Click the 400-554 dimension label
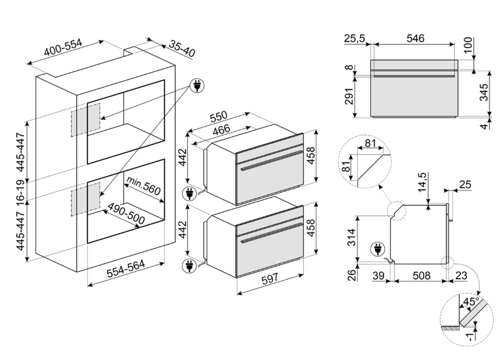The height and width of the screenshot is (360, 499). (x=63, y=49)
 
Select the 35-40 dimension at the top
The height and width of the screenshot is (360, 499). (x=181, y=48)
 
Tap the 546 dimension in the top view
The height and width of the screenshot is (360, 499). (x=414, y=38)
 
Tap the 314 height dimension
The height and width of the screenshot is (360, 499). (x=351, y=238)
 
